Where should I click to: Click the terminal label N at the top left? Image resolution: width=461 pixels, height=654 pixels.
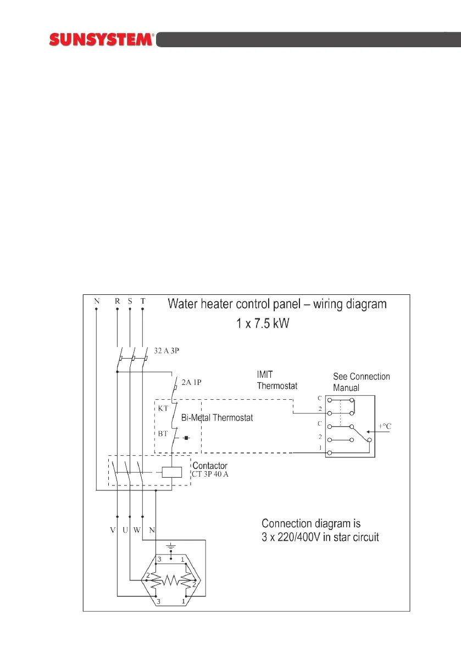coord(97,301)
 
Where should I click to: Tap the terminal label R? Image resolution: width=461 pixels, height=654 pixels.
coord(117,301)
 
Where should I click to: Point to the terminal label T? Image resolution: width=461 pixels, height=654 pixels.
coord(143,301)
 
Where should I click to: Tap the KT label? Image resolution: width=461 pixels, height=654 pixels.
coord(163,408)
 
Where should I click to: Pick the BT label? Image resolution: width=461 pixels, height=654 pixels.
coord(163,433)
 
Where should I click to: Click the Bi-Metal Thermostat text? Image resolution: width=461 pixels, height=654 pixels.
coord(217,418)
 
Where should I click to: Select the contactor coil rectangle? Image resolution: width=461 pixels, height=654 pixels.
coord(172,471)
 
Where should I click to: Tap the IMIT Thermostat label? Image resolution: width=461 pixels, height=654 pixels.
coord(277,381)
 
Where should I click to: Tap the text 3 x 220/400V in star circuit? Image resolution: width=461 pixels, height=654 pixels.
coord(320,536)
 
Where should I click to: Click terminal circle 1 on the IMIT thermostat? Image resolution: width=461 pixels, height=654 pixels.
coord(330,452)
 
